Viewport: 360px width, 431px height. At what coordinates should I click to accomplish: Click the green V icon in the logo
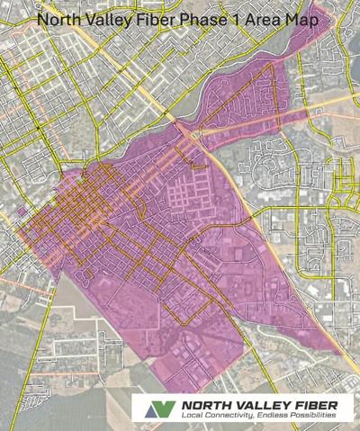161,408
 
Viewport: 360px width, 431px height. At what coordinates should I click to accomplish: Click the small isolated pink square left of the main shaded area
19,211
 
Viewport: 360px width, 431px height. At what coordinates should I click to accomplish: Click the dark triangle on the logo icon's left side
152,407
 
